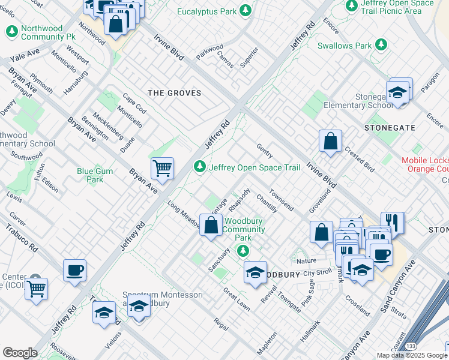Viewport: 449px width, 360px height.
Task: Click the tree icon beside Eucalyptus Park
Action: (245, 10)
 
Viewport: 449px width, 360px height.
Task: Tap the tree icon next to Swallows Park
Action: (381, 45)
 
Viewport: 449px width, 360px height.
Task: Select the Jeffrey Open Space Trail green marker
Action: (200, 167)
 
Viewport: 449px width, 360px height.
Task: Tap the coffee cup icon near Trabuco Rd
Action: (74, 270)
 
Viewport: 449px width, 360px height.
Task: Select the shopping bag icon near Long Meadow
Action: (211, 226)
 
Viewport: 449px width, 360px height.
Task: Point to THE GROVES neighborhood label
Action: (174, 93)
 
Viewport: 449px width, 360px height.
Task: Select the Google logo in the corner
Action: (20, 353)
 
